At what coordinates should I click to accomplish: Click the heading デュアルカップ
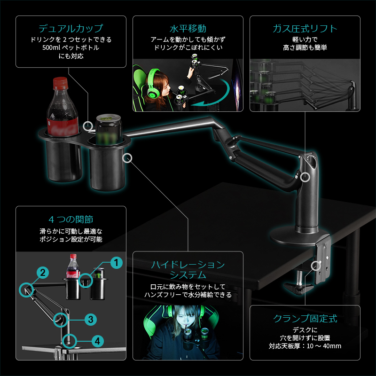pos(71,28)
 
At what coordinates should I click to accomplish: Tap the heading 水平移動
pos(188,28)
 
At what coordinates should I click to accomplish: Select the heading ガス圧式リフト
pos(305,28)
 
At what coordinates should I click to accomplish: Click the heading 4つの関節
pos(71,219)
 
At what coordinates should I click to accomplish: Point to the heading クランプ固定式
pos(305,318)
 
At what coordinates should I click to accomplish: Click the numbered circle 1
pos(116,262)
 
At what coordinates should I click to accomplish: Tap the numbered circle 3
pos(91,319)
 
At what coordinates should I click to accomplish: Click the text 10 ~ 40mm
pos(325,347)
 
